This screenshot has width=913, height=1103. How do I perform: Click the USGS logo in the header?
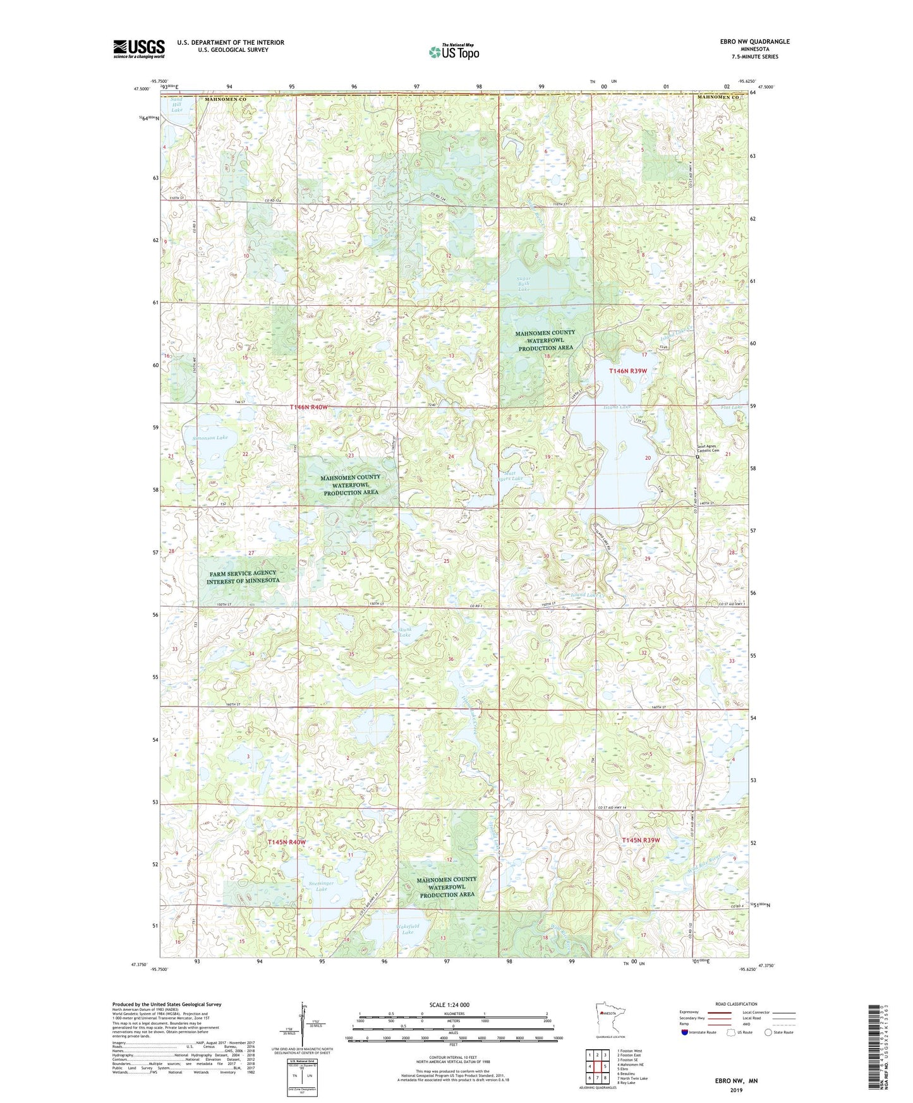[x=139, y=49]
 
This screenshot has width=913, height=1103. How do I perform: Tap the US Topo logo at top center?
[x=453, y=52]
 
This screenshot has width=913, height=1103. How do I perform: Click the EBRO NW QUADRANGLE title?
[x=754, y=42]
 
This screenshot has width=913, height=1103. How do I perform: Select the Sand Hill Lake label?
[x=177, y=105]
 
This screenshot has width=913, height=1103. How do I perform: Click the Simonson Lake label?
[x=213, y=437]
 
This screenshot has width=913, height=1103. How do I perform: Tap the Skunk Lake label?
[x=404, y=632]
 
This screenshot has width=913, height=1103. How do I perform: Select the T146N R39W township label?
[x=627, y=371]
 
